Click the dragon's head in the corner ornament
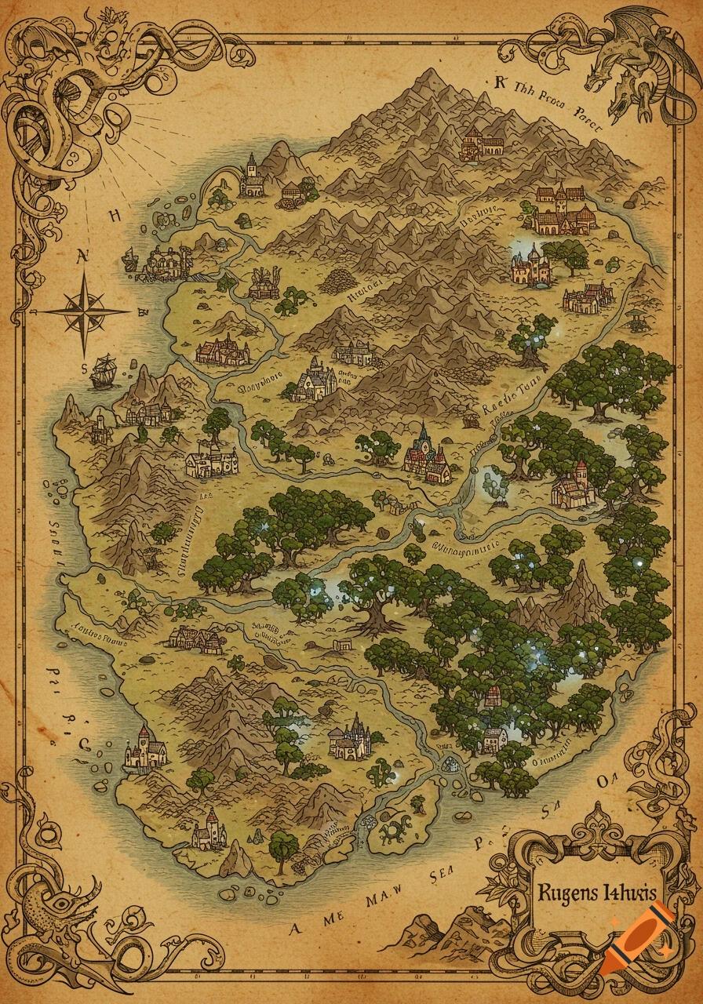pos(609,78)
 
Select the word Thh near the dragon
pos(525,89)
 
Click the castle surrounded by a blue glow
pos(530,264)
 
